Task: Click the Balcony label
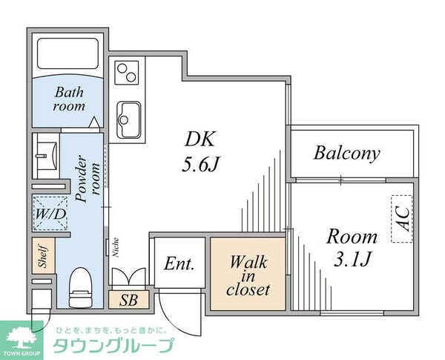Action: (x=346, y=154)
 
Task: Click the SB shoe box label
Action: (x=128, y=301)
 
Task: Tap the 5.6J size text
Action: (x=200, y=165)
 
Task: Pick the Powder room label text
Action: (x=86, y=177)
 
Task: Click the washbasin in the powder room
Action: (x=47, y=156)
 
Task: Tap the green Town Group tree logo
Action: (x=23, y=335)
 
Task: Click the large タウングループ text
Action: (x=112, y=346)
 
